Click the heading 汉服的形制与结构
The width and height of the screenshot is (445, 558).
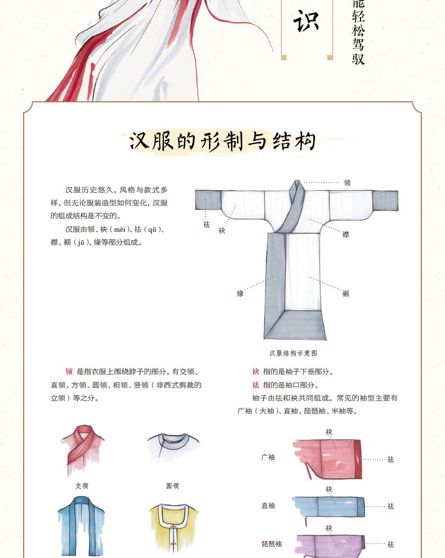[222, 141]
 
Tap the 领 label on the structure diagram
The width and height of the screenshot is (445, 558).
[347, 183]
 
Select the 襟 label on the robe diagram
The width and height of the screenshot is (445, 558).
[346, 234]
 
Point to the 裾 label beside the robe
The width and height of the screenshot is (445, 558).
[346, 293]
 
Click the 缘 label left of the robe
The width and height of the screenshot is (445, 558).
[240, 294]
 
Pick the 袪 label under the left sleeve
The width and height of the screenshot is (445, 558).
[206, 224]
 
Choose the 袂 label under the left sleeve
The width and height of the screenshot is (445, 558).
[222, 231]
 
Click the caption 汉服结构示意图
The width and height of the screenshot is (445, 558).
[293, 353]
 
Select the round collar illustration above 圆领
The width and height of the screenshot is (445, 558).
[173, 448]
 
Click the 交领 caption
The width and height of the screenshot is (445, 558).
[82, 486]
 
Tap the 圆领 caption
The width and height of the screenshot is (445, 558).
[173, 486]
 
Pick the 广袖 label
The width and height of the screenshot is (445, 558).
[268, 457]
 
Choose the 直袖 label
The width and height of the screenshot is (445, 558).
[268, 505]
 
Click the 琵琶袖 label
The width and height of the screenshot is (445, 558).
[272, 544]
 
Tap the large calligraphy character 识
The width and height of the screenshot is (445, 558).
[306, 21]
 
